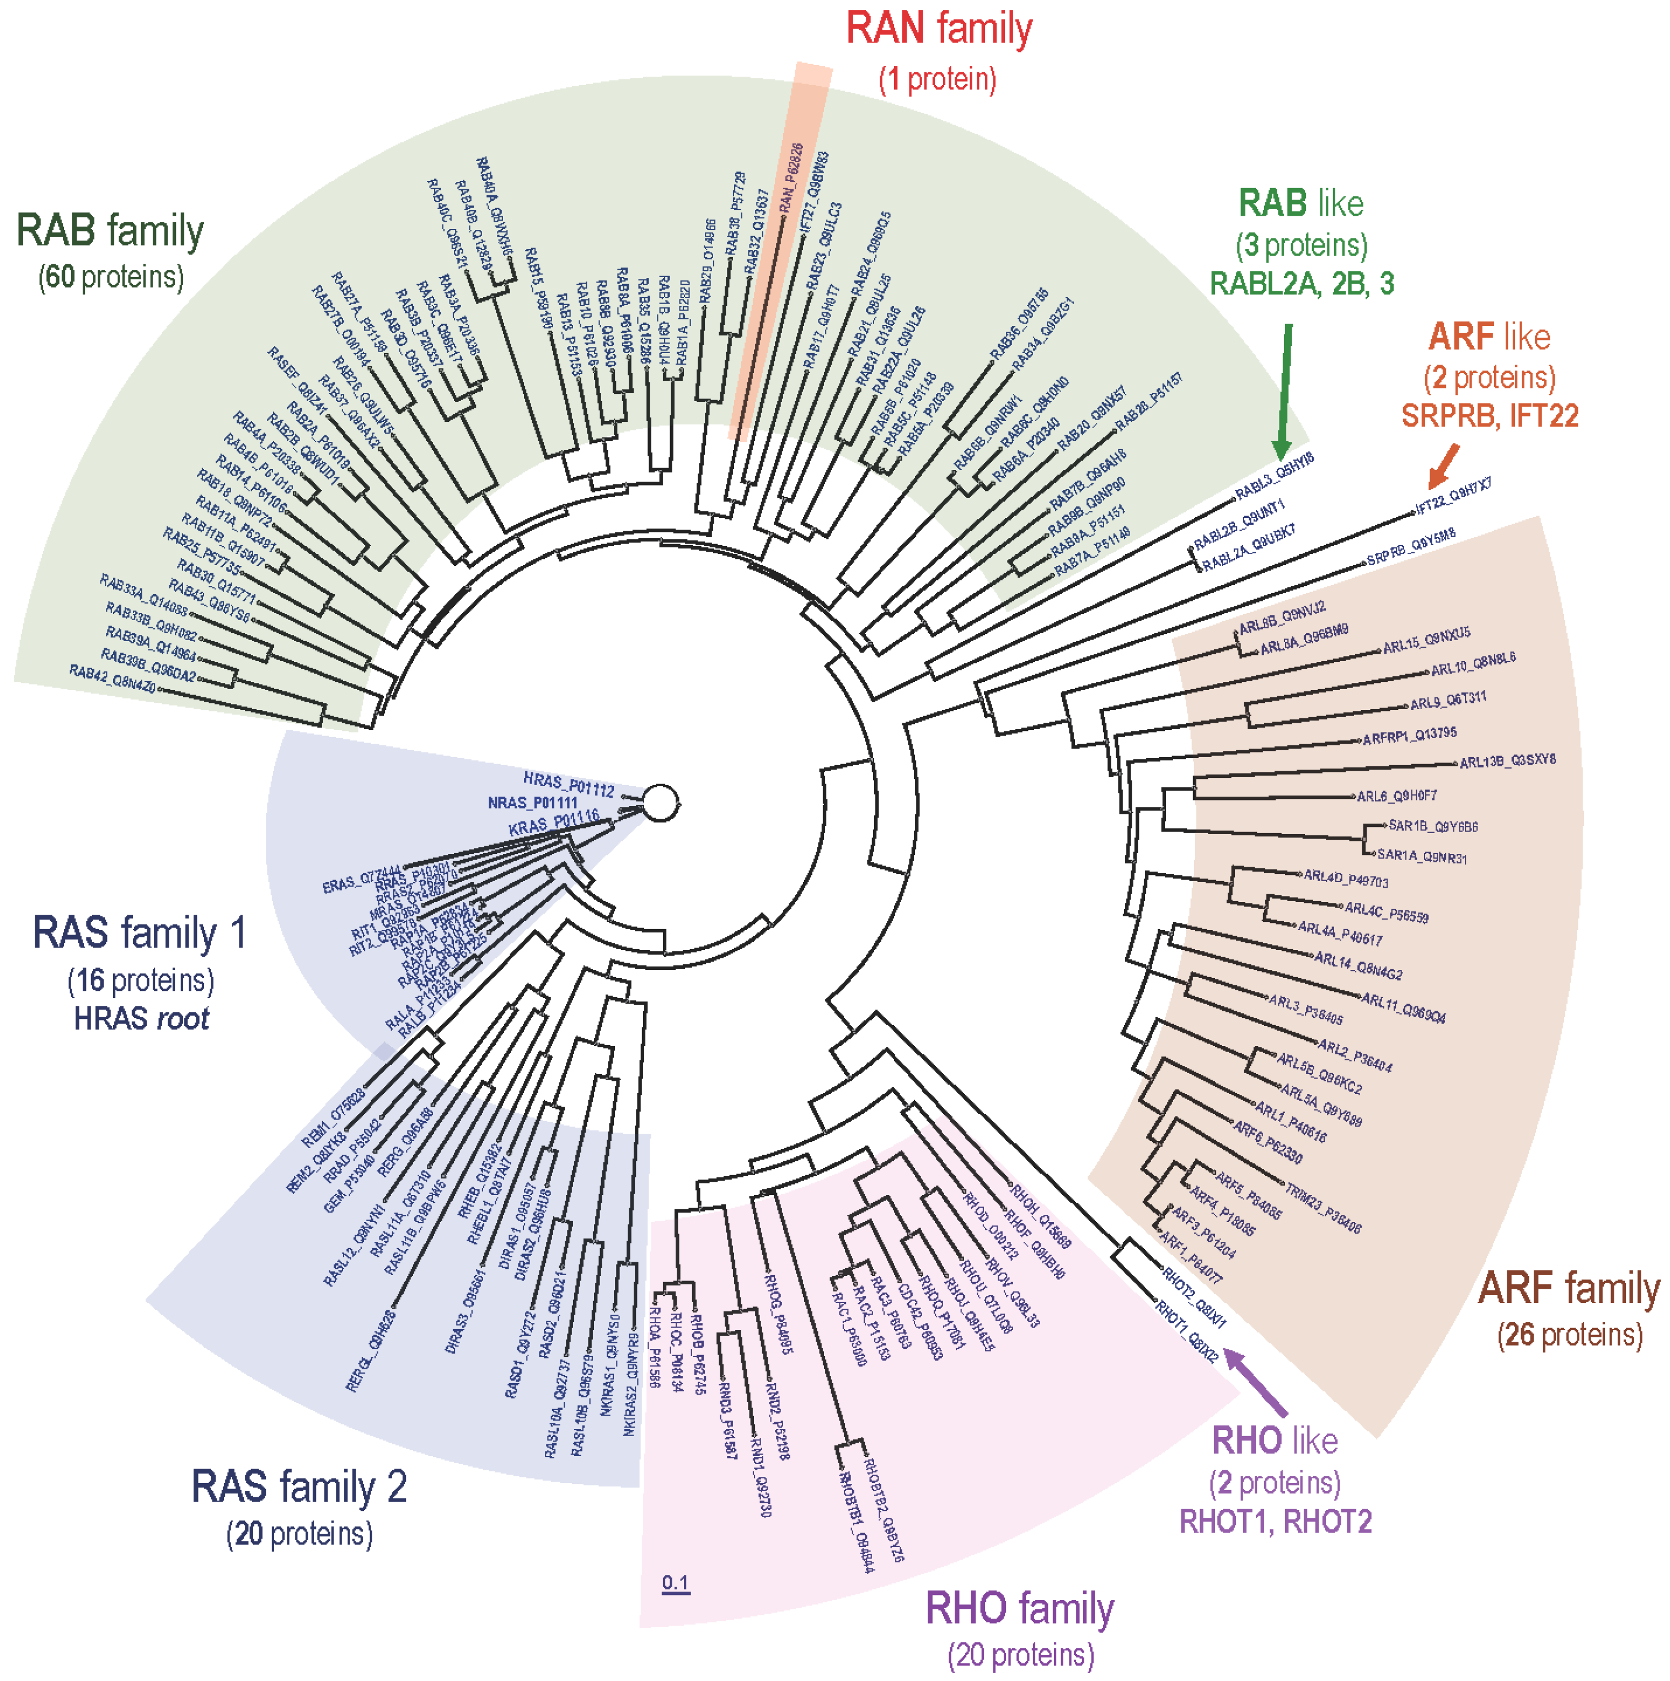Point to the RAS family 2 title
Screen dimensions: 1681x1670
(299, 1486)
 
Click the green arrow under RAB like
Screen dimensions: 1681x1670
(1284, 392)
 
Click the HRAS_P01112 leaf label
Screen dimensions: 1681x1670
(568, 784)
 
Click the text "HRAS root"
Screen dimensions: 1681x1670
(142, 1019)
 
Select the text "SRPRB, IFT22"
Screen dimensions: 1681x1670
(1489, 417)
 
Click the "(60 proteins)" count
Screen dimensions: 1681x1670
(110, 277)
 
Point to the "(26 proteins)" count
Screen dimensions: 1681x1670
(1570, 1334)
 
